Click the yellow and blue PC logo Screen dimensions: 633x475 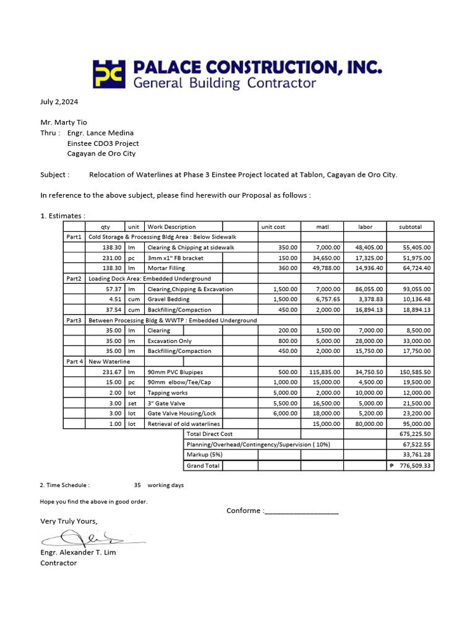tap(109, 74)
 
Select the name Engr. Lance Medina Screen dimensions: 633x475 tap(100, 133)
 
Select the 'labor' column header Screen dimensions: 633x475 tap(366, 227)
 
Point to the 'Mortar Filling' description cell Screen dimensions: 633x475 tap(166, 268)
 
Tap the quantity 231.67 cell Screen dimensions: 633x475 tap(113, 372)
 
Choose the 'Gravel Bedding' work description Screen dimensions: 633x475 tap(168, 299)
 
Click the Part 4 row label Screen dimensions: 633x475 tap(74, 362)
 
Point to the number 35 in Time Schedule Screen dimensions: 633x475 tap(137, 485)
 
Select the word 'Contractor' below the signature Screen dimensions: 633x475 tap(59, 563)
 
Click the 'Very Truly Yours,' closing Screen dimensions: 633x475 tap(69, 521)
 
